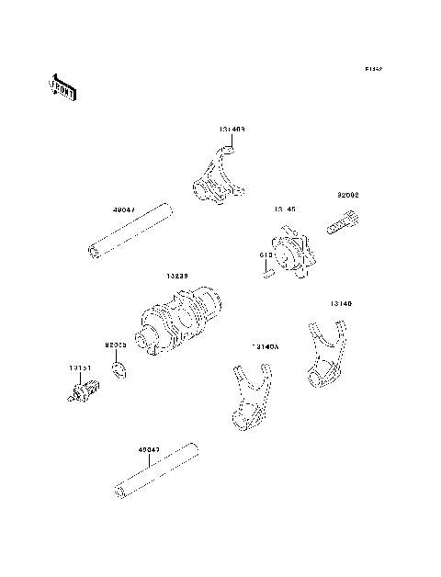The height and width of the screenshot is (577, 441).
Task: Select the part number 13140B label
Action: point(232,131)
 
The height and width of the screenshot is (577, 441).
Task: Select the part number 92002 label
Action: point(348,195)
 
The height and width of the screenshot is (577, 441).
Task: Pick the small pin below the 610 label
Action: point(265,270)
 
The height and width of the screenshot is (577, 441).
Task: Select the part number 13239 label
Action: point(179,276)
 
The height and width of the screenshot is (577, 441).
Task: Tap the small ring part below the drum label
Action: point(118,369)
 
